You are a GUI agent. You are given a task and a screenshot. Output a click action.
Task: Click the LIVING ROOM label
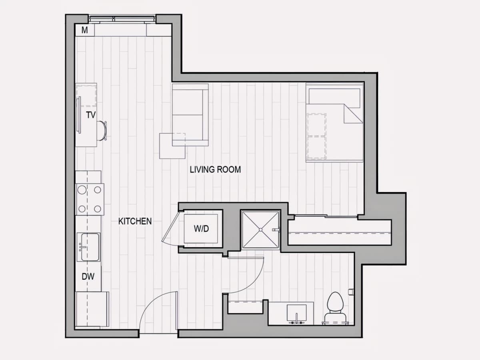[x=215, y=170]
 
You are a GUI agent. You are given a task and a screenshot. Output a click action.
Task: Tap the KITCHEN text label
[x=135, y=222]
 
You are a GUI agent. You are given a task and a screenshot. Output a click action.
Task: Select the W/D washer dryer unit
[x=201, y=229]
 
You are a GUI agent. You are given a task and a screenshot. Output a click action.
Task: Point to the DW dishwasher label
[x=88, y=277]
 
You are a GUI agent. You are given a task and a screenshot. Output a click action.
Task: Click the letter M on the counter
[x=85, y=30]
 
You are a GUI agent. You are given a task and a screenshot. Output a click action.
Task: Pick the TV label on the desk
[x=91, y=115]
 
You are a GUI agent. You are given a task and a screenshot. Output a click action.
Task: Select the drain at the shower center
[x=260, y=230]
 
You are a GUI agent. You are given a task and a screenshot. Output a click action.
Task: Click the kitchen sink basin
[x=90, y=247]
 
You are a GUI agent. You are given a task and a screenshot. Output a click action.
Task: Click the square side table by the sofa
[x=172, y=146]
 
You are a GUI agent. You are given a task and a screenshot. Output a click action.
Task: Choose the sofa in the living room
[x=190, y=115]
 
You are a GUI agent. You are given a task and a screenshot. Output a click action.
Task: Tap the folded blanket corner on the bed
[x=352, y=114]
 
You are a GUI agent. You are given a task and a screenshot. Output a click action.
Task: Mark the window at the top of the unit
[x=122, y=19]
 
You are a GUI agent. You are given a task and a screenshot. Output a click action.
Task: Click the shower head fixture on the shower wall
[x=276, y=230]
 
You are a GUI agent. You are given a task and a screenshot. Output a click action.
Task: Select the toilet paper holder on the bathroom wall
[x=351, y=292]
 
